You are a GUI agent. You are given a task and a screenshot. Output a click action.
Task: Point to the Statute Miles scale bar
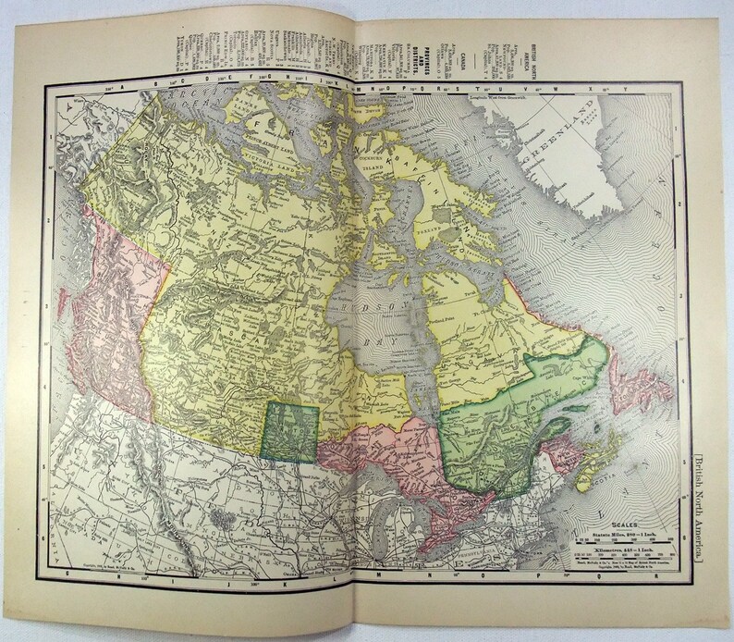(620, 540)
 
